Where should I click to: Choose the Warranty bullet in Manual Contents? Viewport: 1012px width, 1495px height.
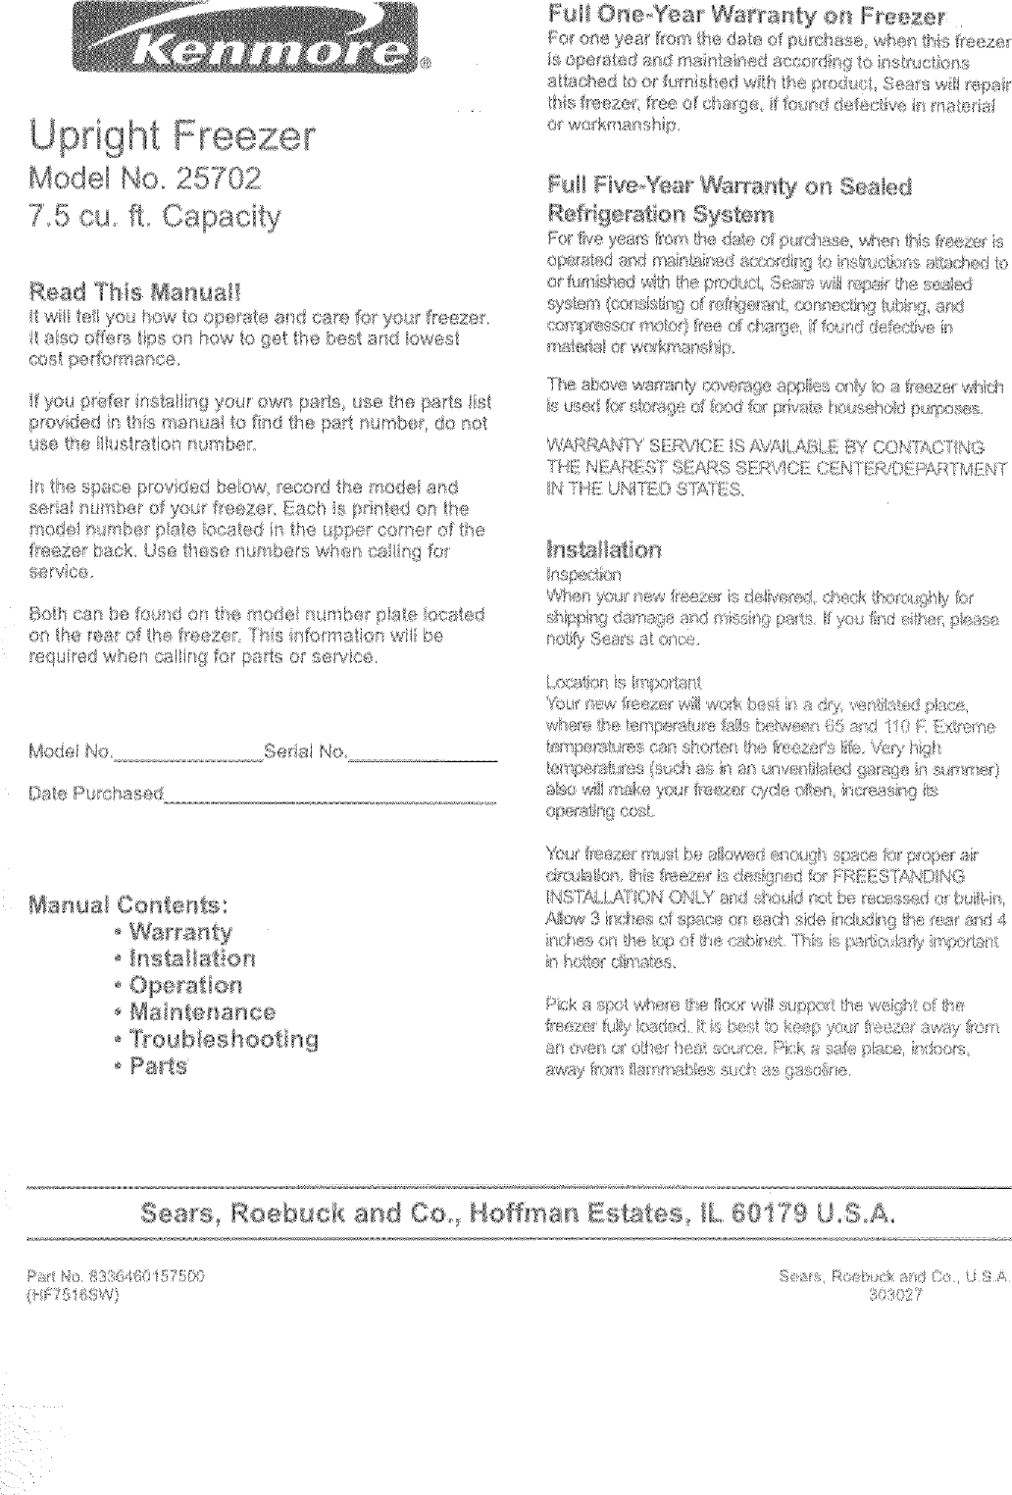180,931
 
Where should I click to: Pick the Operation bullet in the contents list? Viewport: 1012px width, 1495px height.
185,985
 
